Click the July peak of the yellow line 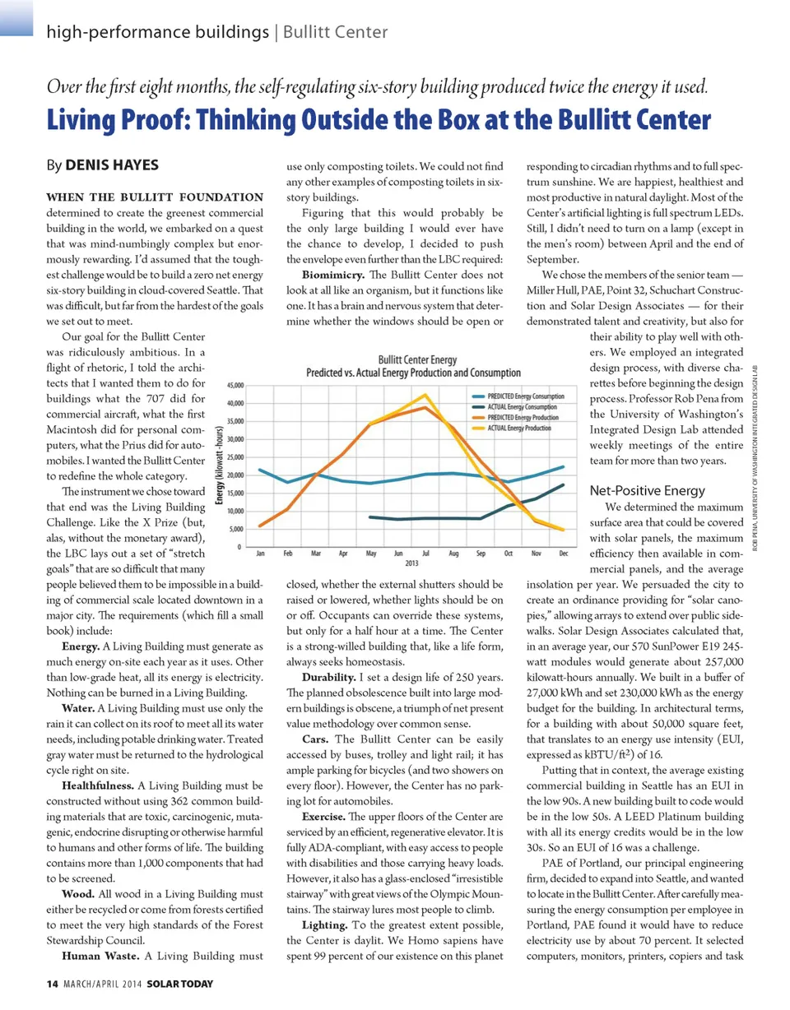point(425,395)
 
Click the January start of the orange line point(260,526)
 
